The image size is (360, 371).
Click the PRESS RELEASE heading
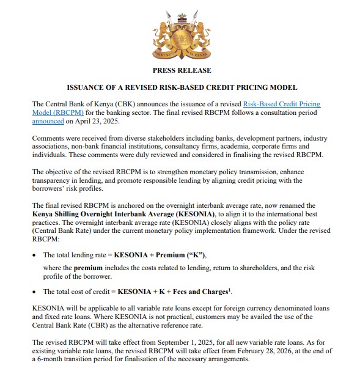point(180,70)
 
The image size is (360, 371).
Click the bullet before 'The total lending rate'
point(35,254)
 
